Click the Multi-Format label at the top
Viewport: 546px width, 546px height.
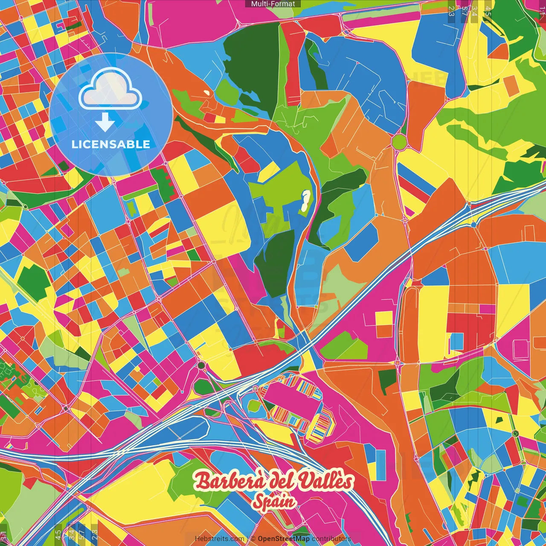coord(273,4)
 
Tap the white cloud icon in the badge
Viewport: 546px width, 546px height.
coord(110,90)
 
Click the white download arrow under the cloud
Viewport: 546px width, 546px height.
coord(105,122)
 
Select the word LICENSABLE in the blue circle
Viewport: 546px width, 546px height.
coord(111,144)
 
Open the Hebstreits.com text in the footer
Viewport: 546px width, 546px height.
coord(219,539)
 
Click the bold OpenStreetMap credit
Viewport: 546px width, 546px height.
coord(284,539)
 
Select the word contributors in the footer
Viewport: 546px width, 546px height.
coord(331,539)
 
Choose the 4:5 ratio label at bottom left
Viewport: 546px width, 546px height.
coord(58,534)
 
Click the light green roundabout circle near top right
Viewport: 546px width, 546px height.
coord(399,142)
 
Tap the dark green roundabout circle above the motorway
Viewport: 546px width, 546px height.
coord(201,366)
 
